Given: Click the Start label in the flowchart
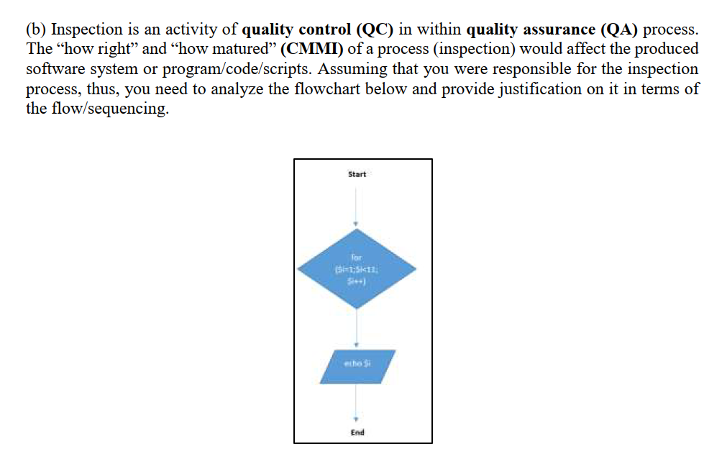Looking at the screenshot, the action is [357, 174].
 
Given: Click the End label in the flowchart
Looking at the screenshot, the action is [357, 432].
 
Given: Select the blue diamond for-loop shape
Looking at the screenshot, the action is [357, 269].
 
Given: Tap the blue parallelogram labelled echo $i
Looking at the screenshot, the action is [357, 365].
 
